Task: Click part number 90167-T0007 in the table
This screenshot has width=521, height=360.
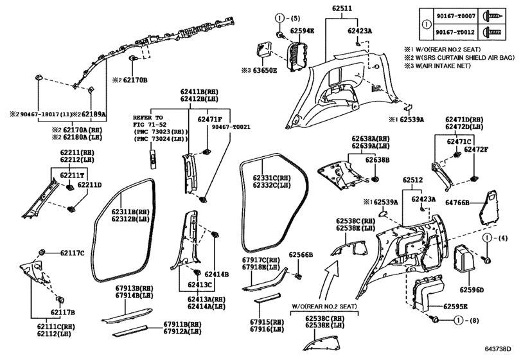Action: pos(455,16)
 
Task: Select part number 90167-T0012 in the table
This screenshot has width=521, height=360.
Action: pos(455,33)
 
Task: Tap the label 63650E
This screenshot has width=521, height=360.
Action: pos(265,71)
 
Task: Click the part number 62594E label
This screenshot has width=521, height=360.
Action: pos(302,31)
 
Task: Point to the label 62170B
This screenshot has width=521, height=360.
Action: pos(136,80)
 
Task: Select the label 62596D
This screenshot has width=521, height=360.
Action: pos(472,290)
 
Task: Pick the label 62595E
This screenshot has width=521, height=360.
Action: pos(455,307)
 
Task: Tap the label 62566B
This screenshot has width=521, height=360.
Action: pos(301,255)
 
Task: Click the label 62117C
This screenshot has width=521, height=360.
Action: pos(72,253)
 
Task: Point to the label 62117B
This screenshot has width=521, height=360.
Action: pos(63,312)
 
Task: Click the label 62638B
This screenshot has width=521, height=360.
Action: pos(378,160)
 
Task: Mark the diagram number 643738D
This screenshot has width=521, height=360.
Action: pos(497,349)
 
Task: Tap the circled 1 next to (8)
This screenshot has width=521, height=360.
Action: pos(459,320)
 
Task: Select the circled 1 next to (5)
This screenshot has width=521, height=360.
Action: pos(279,18)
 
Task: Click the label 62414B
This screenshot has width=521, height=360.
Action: pos(216,274)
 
